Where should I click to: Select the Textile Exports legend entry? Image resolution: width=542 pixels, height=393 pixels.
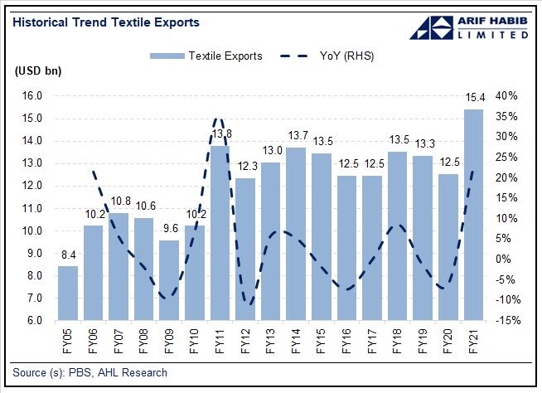(x=206, y=56)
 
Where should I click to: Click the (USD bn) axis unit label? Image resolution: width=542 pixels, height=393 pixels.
(x=39, y=71)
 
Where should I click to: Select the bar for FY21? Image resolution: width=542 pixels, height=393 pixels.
(x=473, y=215)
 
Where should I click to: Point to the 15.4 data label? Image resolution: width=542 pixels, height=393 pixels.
(x=473, y=99)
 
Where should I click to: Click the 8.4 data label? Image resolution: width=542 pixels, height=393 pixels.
(x=68, y=256)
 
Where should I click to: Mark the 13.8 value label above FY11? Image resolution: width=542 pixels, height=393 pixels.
(x=220, y=133)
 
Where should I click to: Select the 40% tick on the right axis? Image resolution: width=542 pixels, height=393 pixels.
(x=507, y=96)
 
